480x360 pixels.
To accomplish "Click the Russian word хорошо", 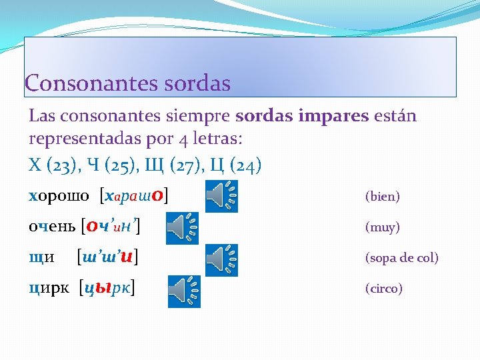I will pyautogui.click(x=59, y=196).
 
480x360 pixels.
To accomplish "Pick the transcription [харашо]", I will pyautogui.click(x=133, y=196).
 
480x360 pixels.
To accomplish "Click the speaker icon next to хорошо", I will pyautogui.click(x=221, y=196).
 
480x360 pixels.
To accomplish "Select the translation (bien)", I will pyautogui.click(x=382, y=197).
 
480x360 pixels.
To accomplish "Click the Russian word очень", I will pyautogui.click(x=52, y=227).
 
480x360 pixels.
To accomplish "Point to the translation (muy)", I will pyautogui.click(x=382, y=227).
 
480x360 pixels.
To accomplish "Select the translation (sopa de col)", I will pyautogui.click(x=401, y=258).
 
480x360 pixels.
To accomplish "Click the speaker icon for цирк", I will pyautogui.click(x=183, y=291).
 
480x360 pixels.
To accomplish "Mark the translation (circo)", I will pyautogui.click(x=383, y=289).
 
